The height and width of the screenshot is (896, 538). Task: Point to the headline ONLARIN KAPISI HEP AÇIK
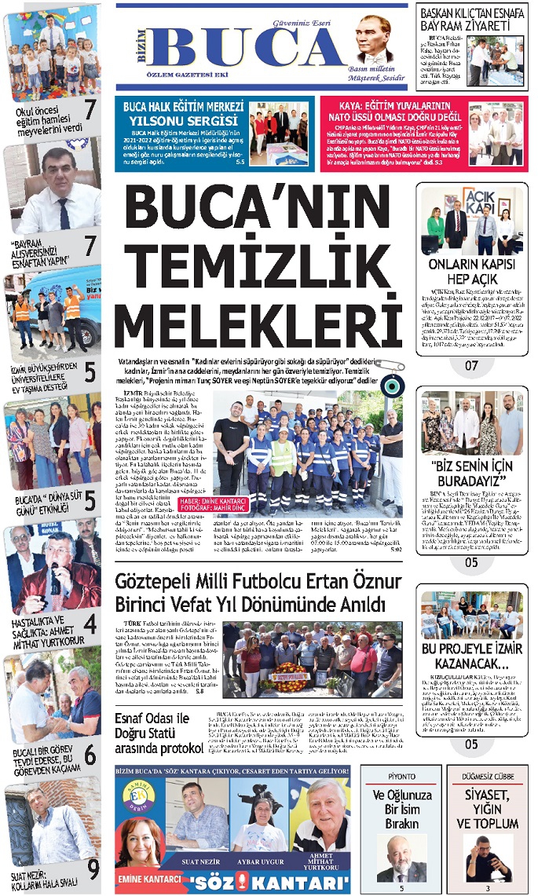tap(471, 272)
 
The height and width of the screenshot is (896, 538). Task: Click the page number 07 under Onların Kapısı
tap(471, 365)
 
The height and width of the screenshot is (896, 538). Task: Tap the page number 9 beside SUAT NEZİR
tap(93, 869)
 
